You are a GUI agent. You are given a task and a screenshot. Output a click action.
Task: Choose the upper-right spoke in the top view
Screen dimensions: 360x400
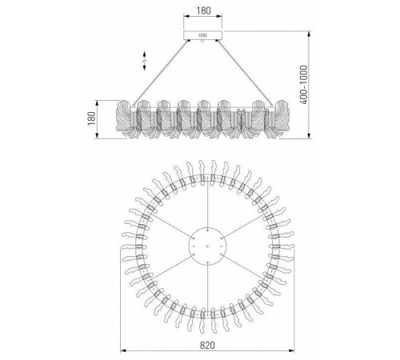(x=241, y=225)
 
